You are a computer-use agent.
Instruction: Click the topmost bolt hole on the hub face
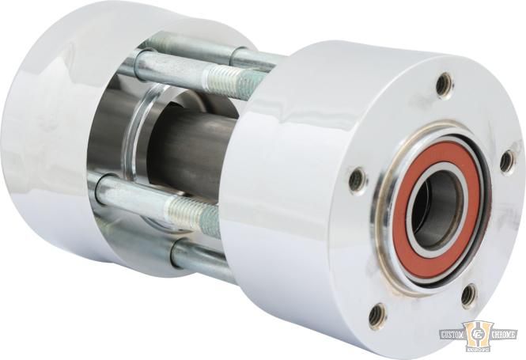click(445, 81)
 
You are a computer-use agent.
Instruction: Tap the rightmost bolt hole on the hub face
click(507, 161)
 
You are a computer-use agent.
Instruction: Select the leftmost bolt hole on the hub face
click(358, 180)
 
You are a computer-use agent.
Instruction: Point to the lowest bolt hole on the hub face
click(378, 314)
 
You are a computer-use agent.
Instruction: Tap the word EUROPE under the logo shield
click(478, 349)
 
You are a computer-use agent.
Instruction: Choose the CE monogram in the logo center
click(478, 332)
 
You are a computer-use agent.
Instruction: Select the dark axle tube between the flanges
click(190, 150)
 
